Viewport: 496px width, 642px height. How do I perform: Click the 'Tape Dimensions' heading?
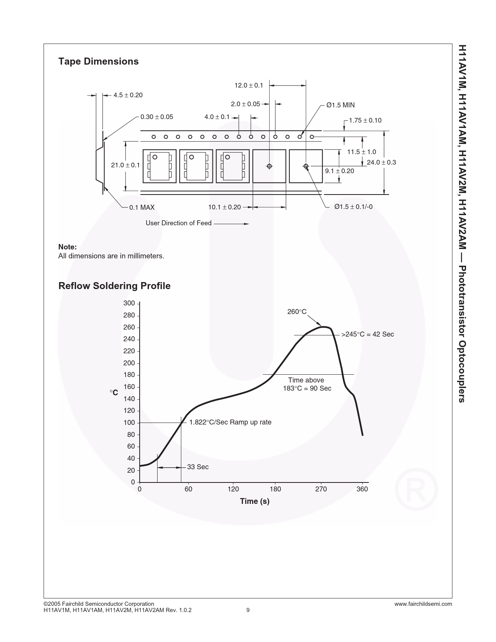pos(98,61)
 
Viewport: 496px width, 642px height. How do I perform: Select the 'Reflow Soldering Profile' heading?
pos(114,286)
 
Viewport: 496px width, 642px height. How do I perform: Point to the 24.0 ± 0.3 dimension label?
pos(381,162)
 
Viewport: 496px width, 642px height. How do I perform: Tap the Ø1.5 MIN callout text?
pos(340,105)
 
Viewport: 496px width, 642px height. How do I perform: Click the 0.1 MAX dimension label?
pos(142,207)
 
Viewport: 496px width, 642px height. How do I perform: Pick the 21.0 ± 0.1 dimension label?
pos(125,165)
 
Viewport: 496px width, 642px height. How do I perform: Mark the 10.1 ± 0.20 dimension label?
pos(224,207)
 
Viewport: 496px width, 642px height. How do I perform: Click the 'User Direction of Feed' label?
pos(179,223)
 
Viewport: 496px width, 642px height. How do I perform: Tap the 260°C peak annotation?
pos(297,312)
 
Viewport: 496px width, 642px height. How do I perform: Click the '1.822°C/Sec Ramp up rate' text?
pos(230,422)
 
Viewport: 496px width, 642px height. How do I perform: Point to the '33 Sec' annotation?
pos(198,467)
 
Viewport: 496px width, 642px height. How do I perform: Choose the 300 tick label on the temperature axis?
pos(129,303)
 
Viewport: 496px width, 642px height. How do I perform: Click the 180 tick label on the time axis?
pos(275,489)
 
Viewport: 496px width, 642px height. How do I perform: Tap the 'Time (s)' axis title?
pos(255,501)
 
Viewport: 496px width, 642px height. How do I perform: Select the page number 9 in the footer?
pos(248,610)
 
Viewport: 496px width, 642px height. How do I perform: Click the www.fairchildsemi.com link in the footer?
pos(423,604)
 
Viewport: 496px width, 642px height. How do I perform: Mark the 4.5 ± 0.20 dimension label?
pos(128,95)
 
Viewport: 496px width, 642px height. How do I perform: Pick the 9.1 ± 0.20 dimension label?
pos(340,171)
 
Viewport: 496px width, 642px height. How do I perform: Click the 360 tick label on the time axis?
pos(362,489)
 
